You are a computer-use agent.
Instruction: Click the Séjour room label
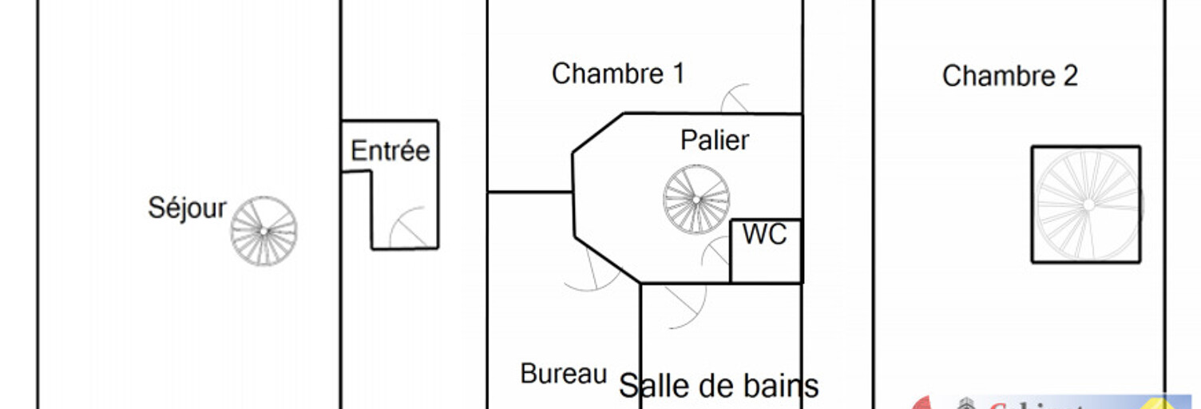pyautogui.click(x=187, y=208)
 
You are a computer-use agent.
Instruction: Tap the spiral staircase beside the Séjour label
pyautogui.click(x=264, y=231)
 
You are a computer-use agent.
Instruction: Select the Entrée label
pyautogui.click(x=390, y=151)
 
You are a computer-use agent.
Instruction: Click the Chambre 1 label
pyautogui.click(x=617, y=74)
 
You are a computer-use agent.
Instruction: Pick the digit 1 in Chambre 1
pyautogui.click(x=678, y=74)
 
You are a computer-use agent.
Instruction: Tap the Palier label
pyautogui.click(x=714, y=141)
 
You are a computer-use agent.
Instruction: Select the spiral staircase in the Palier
pyautogui.click(x=696, y=199)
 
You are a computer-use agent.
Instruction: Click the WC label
pyautogui.click(x=764, y=235)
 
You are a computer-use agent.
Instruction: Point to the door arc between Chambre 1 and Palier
pyautogui.click(x=736, y=98)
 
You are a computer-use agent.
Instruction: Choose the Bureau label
pyautogui.click(x=564, y=374)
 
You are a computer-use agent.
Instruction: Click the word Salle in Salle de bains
pyautogui.click(x=648, y=387)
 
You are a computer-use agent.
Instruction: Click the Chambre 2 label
pyautogui.click(x=1009, y=77)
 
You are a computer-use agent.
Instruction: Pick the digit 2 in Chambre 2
pyautogui.click(x=1070, y=77)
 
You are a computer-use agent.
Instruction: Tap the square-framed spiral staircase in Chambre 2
pyautogui.click(x=1086, y=204)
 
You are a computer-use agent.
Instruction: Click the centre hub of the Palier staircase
pyautogui.click(x=696, y=199)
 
